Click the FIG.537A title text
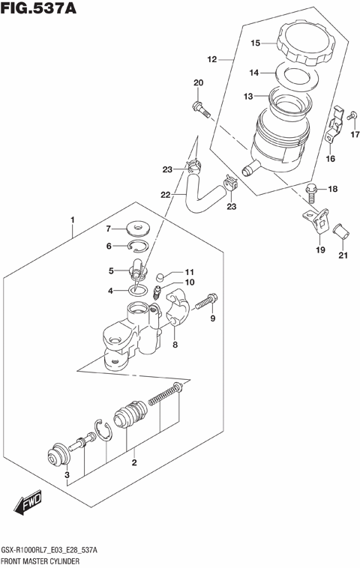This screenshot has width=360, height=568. pos(39,10)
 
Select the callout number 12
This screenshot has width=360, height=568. pos(211,58)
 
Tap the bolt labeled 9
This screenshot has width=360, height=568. pos(207,302)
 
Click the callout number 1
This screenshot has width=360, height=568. pos(73,220)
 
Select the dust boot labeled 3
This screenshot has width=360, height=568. pos(56,456)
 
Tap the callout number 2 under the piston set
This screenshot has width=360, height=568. pos(134,462)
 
